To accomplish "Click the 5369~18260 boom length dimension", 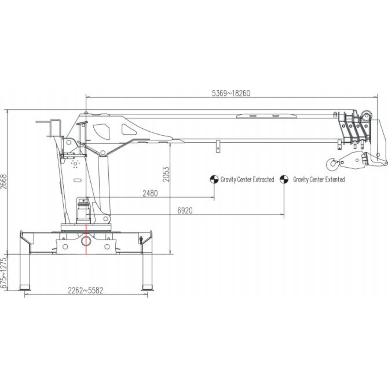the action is [231, 93].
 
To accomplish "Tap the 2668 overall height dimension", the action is [4, 181].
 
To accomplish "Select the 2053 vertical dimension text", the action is [166, 174].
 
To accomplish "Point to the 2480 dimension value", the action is [150, 193].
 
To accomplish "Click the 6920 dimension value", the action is [185, 210].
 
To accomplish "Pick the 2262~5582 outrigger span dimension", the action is [85, 290].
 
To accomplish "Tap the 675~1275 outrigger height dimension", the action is [4, 273].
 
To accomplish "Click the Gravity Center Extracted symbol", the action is [214, 179].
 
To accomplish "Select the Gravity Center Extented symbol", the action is [284, 179].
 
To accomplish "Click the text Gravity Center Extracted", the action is [247, 180].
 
